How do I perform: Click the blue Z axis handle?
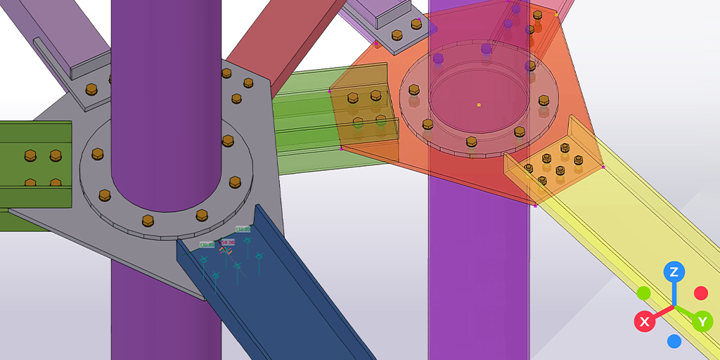point(674,272)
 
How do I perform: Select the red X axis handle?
point(644,322)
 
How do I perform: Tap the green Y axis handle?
point(702,322)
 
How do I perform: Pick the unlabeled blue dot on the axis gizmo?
point(674,342)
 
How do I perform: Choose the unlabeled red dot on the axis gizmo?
point(701,292)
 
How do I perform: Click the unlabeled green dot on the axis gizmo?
point(643,292)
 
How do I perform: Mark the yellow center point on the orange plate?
point(479,105)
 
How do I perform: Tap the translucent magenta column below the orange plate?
point(478,281)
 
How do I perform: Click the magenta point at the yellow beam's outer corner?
point(603,167)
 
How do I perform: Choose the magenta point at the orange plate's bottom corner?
point(535,206)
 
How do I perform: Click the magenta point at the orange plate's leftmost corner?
point(329,91)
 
